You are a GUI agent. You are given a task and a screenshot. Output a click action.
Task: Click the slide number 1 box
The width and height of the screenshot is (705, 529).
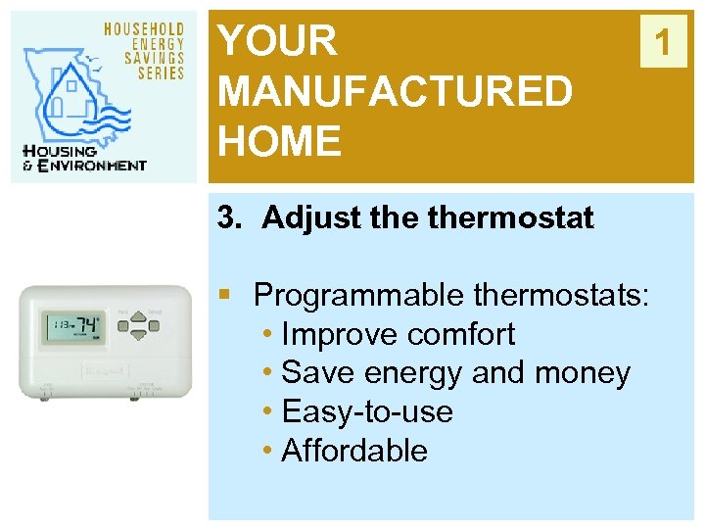[x=664, y=43]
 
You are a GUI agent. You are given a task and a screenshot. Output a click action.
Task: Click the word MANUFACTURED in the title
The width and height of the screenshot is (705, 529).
[x=395, y=92]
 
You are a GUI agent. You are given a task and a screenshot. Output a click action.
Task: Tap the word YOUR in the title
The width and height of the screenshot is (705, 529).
[x=277, y=42]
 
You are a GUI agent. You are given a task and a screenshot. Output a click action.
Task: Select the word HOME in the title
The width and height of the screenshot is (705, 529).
[x=280, y=142]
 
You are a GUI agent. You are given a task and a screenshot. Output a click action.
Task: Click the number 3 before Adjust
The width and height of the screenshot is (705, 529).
[x=226, y=217]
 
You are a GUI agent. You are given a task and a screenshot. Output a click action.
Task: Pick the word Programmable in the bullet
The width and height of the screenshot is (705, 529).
[x=358, y=294]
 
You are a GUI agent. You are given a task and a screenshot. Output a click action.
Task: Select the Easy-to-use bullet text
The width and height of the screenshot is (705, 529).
[x=367, y=411]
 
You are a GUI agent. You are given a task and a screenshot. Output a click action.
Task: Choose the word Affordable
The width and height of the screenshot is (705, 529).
[x=354, y=451]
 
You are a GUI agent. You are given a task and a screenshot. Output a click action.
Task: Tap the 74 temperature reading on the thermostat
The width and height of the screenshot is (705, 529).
[x=89, y=324]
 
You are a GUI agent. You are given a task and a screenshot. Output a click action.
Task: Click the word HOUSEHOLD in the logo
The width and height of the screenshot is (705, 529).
[x=145, y=29]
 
